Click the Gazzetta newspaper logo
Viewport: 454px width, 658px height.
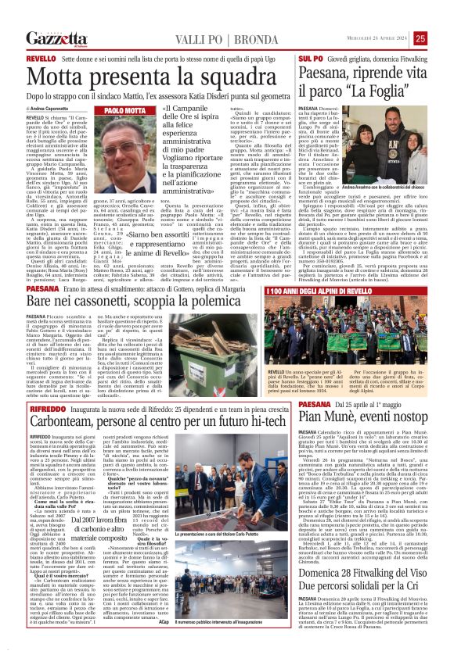pyautogui.click(x=56, y=38)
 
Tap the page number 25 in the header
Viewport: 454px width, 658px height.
pyautogui.click(x=441, y=38)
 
